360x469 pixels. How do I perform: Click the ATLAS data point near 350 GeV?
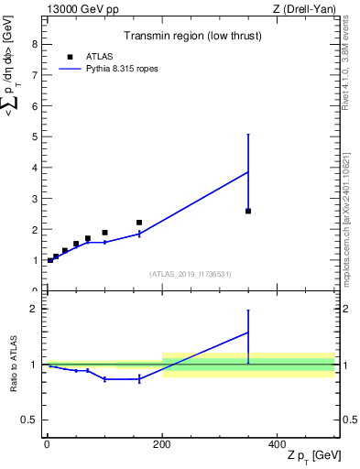click(248, 211)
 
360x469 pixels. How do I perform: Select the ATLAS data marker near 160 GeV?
click(139, 223)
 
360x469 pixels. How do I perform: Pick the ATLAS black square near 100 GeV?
click(104, 233)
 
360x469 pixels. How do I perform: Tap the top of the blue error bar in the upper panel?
click(248, 135)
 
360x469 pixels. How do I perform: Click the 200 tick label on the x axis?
click(162, 443)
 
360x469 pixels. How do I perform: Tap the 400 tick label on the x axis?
click(277, 443)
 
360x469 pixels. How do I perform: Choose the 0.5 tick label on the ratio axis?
click(28, 420)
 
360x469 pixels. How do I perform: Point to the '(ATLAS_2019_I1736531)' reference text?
click(191, 273)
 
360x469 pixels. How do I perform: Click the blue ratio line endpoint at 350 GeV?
click(248, 333)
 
